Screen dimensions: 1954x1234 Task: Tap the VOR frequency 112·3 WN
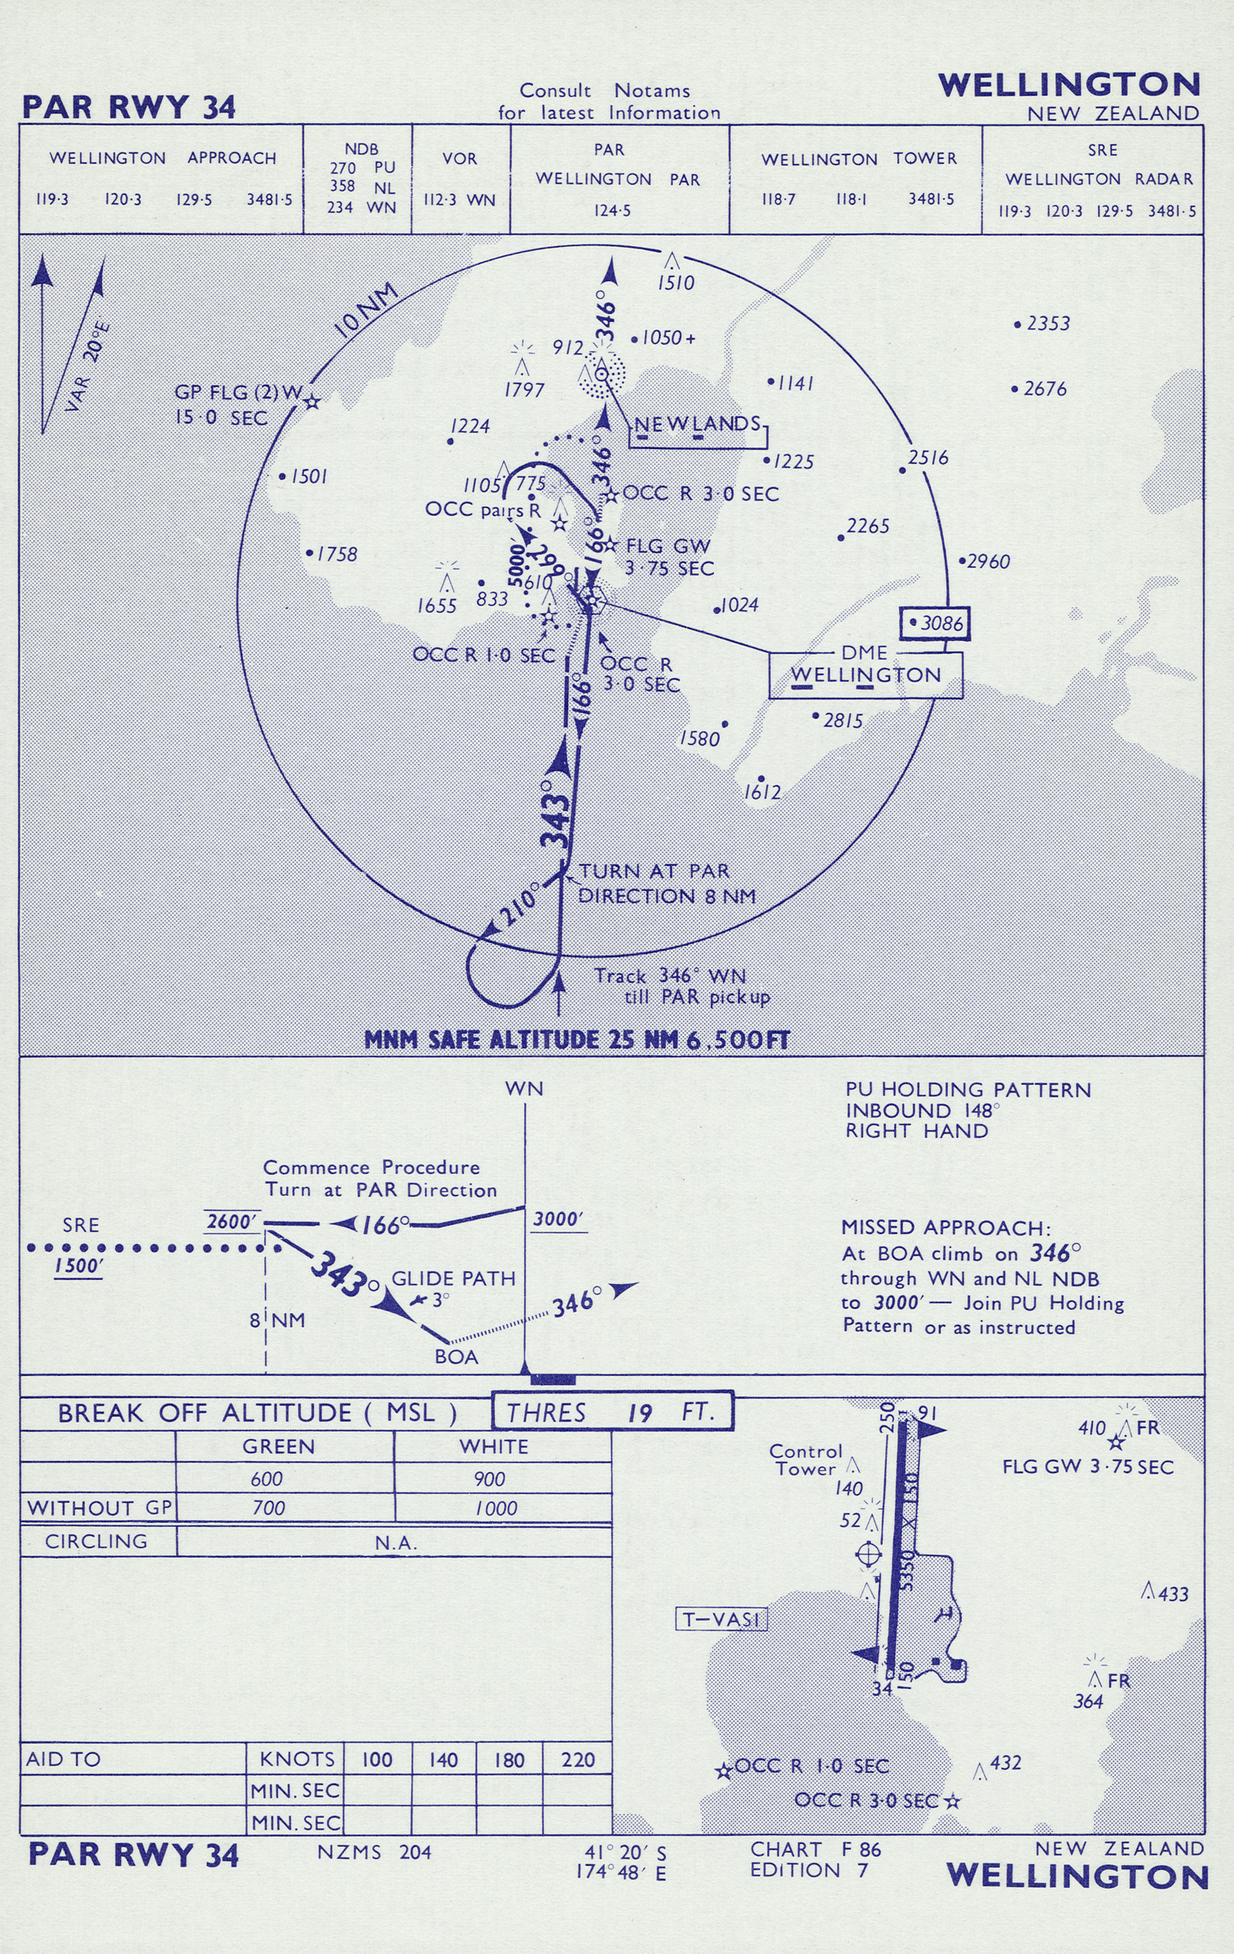459,200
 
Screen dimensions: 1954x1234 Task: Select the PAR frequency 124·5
612,211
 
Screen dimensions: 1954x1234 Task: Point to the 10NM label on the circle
366,311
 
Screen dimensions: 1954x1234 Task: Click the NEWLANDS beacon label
697,424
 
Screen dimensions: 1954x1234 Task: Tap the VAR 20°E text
86,368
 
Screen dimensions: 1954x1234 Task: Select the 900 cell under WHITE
489,1479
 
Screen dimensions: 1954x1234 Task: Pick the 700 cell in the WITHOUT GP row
268,1508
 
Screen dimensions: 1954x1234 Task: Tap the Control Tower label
805,1460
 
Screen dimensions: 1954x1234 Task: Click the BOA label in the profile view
456,1357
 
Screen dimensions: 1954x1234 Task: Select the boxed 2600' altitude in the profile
233,1221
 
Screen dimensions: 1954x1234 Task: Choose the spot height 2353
1047,324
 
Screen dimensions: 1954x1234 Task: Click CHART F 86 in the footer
815,1850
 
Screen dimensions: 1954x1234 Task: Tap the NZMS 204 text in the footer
375,1852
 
